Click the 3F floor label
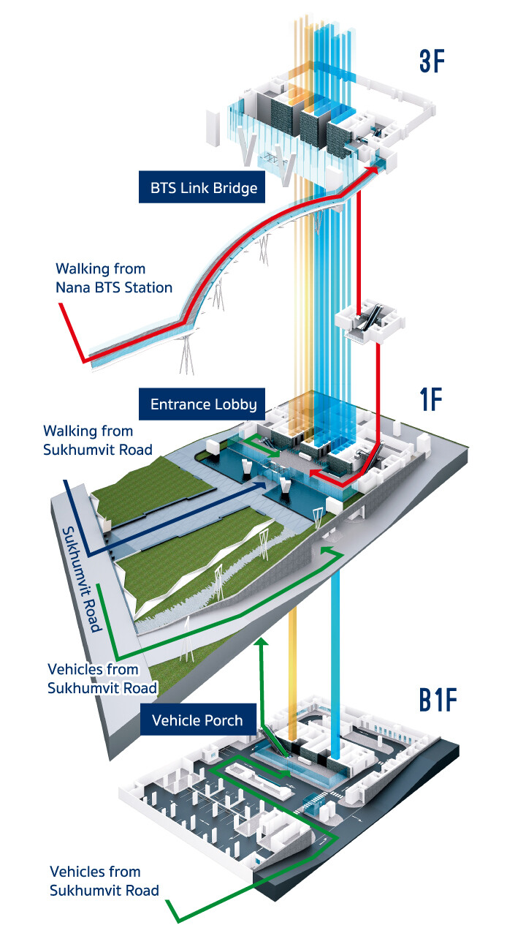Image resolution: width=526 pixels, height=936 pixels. (x=432, y=61)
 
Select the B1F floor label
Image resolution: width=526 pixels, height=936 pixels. (x=438, y=700)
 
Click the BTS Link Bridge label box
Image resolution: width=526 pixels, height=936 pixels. (x=204, y=188)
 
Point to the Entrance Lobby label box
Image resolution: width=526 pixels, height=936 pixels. (x=203, y=404)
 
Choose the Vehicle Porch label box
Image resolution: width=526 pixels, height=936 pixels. (x=197, y=720)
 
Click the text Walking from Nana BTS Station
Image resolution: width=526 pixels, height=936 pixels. (x=114, y=279)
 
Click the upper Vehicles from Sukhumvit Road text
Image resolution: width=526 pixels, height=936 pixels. (x=102, y=678)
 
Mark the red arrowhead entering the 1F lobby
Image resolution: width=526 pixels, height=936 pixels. (x=312, y=475)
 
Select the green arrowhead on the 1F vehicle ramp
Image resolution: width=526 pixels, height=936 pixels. (x=327, y=548)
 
